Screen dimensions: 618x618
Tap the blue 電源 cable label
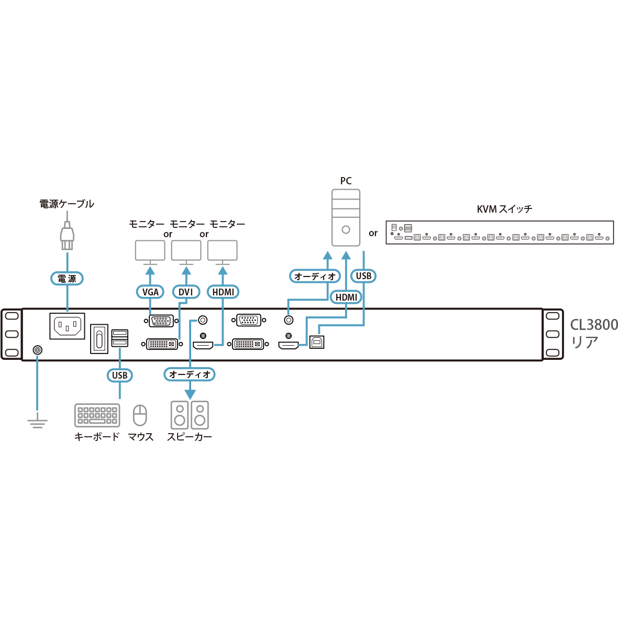point(67,279)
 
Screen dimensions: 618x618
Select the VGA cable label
point(150,292)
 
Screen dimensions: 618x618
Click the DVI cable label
point(186,292)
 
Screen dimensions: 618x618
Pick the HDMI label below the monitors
point(224,292)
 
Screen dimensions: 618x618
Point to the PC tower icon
point(346,218)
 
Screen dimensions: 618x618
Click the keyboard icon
point(96,415)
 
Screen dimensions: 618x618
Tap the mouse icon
point(140,415)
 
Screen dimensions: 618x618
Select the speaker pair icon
point(190,415)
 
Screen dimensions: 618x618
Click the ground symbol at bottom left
point(37,421)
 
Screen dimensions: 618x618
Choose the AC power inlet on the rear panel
point(68,327)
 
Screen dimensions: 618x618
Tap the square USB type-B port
point(317,342)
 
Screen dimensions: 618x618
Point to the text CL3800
point(594,325)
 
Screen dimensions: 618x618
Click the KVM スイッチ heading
point(504,209)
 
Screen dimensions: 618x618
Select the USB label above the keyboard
point(120,375)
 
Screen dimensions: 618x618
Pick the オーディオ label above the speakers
point(190,374)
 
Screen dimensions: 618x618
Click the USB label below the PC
point(363,275)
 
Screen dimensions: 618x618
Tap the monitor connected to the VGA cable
point(150,251)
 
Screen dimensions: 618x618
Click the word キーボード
point(97,437)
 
